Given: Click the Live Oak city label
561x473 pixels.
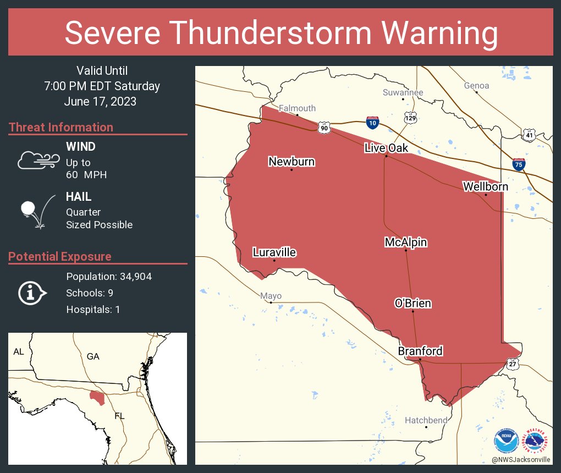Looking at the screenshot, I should [386, 148].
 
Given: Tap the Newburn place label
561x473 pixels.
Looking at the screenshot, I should [291, 161].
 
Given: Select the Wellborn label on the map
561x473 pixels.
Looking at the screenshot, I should [485, 186].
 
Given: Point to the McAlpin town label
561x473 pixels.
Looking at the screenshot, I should [405, 242].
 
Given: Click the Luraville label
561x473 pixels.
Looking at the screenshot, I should [274, 252].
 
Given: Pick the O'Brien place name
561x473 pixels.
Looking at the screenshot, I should [413, 303].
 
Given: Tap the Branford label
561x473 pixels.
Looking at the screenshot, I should [420, 351].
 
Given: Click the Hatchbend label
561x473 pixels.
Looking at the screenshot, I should [426, 420].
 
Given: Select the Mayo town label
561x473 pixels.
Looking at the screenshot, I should [271, 296].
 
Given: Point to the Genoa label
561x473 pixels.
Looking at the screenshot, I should [476, 85].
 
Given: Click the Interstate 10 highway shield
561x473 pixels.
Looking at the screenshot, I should [372, 123].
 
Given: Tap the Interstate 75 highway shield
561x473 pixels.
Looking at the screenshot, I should [518, 163].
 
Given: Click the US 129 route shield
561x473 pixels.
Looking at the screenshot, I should [410, 118].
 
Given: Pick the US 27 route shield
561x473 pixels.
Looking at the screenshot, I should [513, 364].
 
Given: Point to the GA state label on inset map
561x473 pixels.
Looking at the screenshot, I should [93, 356].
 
